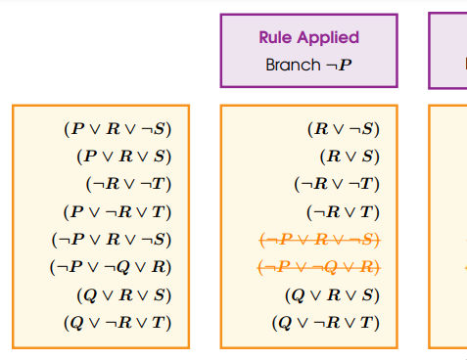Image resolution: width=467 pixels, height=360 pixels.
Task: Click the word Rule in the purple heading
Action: click(277, 38)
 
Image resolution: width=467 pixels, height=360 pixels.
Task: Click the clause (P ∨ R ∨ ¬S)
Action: click(123, 128)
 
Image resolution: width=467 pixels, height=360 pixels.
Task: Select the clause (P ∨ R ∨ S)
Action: click(129, 156)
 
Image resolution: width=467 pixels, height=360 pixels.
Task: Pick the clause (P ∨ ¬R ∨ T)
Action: click(123, 211)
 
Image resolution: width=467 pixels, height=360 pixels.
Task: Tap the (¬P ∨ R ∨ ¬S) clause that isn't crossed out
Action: click(117, 239)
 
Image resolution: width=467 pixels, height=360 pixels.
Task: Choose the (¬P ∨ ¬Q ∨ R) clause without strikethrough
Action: click(117, 266)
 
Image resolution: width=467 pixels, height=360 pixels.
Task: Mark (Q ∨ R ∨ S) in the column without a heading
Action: click(129, 294)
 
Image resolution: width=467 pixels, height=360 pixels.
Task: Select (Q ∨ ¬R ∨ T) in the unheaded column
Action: click(123, 322)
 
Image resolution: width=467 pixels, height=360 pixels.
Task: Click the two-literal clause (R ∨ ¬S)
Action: click(343, 128)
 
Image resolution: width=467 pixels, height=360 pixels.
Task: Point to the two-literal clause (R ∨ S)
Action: click(350, 156)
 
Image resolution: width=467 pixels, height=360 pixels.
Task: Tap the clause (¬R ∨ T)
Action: click(343, 211)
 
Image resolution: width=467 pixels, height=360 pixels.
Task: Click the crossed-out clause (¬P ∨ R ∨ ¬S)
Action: click(318, 239)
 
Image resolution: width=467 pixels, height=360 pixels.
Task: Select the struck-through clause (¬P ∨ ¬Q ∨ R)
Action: click(318, 266)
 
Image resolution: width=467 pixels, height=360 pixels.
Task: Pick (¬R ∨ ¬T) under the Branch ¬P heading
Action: click(337, 183)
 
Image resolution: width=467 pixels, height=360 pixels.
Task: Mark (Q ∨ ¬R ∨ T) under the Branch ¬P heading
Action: click(325, 322)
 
